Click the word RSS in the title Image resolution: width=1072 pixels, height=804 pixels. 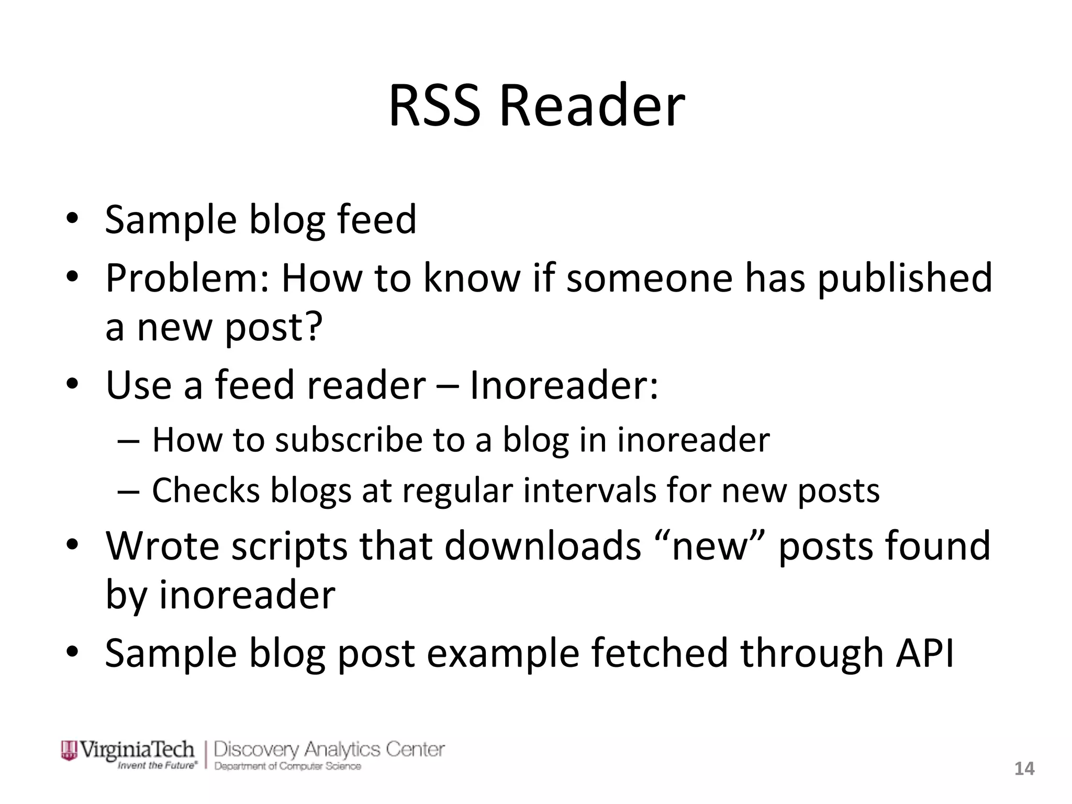(434, 106)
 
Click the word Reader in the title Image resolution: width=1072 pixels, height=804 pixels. (592, 106)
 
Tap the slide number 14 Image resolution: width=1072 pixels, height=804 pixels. (1024, 768)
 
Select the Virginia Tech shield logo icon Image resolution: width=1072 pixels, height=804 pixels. (69, 750)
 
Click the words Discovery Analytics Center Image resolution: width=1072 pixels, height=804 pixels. (329, 749)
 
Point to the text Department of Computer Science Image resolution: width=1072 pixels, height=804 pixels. (287, 766)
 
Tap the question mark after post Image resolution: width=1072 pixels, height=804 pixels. (312, 327)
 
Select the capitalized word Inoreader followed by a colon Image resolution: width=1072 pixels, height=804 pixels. (563, 385)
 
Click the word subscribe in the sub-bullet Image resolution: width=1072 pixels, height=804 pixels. (349, 440)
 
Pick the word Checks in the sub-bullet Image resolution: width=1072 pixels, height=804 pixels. (206, 491)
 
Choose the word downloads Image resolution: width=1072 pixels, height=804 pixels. (543, 546)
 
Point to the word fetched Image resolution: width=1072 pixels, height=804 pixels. (659, 653)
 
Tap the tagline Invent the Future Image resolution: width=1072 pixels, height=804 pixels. (157, 765)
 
